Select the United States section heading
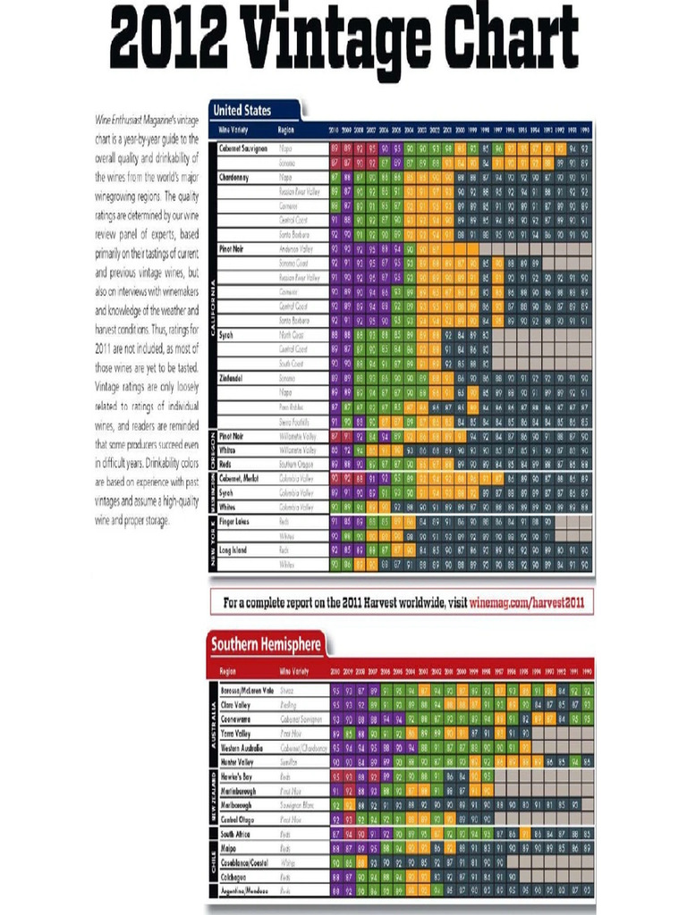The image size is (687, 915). point(242,111)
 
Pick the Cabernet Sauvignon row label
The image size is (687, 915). point(244,147)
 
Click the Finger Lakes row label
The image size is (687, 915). point(237,520)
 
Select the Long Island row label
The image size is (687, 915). point(235,550)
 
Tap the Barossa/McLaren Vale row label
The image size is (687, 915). point(247,690)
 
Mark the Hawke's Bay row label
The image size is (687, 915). point(237,776)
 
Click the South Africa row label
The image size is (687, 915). point(237,834)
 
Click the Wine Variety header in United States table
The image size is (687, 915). point(234,130)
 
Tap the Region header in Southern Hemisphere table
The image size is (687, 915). point(227,670)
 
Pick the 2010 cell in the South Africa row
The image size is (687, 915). point(335,834)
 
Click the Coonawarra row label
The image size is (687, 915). point(236,718)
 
